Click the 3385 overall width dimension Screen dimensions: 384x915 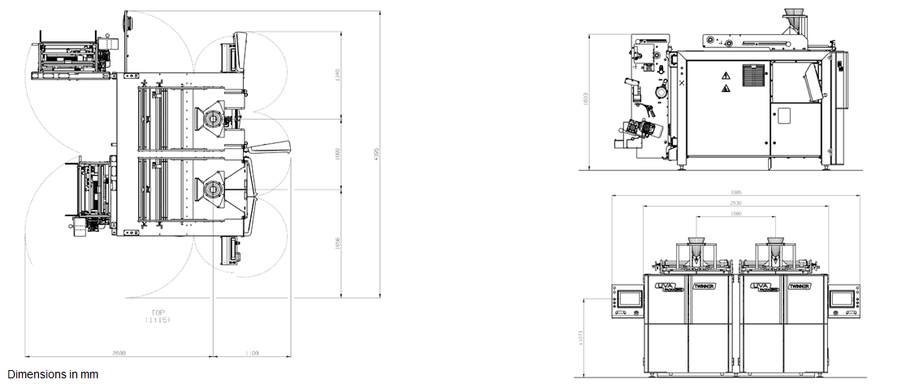click(x=735, y=193)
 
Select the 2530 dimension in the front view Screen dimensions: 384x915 click(x=735, y=203)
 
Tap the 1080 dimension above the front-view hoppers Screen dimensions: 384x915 click(x=735, y=213)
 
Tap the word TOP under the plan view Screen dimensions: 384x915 click(x=156, y=312)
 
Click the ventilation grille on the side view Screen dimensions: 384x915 click(x=753, y=76)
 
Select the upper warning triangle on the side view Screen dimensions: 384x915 click(x=725, y=74)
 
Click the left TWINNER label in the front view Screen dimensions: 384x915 click(x=705, y=286)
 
